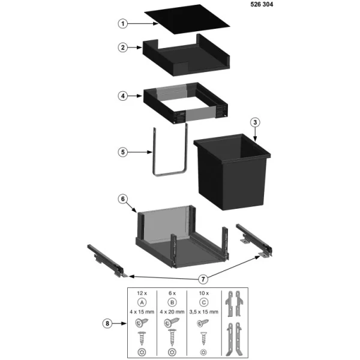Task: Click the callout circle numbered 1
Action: [x=122, y=24]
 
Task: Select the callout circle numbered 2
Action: [x=122, y=47]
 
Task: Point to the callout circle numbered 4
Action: [x=122, y=95]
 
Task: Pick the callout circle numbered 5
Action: [x=122, y=152]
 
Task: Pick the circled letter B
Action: [x=173, y=303]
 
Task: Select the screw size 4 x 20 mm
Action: [x=173, y=313]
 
